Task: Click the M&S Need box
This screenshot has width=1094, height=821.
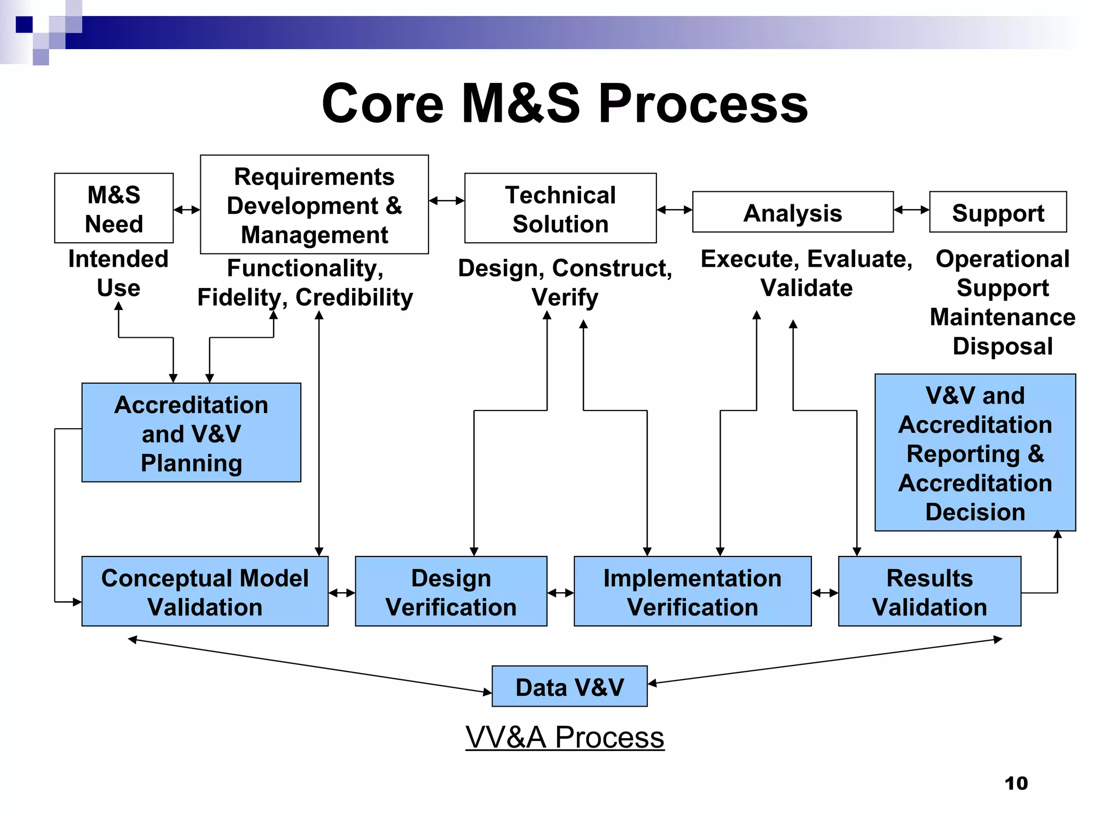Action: point(114,208)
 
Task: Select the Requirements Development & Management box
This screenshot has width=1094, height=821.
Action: point(314,205)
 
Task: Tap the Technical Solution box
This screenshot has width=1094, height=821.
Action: point(560,208)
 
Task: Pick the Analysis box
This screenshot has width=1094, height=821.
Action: point(793,212)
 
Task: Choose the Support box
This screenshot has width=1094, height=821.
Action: point(998,212)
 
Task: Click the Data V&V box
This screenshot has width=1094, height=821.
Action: point(569,686)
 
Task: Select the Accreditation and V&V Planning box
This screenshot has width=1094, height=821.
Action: point(191,433)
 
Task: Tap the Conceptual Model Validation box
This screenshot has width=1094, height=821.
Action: point(205,592)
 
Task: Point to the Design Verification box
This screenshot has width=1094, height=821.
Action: point(451,592)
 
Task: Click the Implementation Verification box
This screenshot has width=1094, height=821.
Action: point(692,592)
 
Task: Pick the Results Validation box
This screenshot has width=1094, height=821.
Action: point(929,592)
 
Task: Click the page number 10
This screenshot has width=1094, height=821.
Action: point(1016,783)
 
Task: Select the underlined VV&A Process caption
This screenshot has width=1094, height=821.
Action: point(565,737)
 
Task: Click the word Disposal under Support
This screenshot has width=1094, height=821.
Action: point(1003,346)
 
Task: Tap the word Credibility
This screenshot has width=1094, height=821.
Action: point(354,297)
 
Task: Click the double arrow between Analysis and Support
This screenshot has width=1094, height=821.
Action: point(911,210)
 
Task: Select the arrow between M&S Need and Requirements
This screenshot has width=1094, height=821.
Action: point(186,210)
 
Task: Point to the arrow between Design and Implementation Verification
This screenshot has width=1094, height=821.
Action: point(560,593)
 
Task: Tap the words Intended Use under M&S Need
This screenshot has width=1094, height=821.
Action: point(118,273)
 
